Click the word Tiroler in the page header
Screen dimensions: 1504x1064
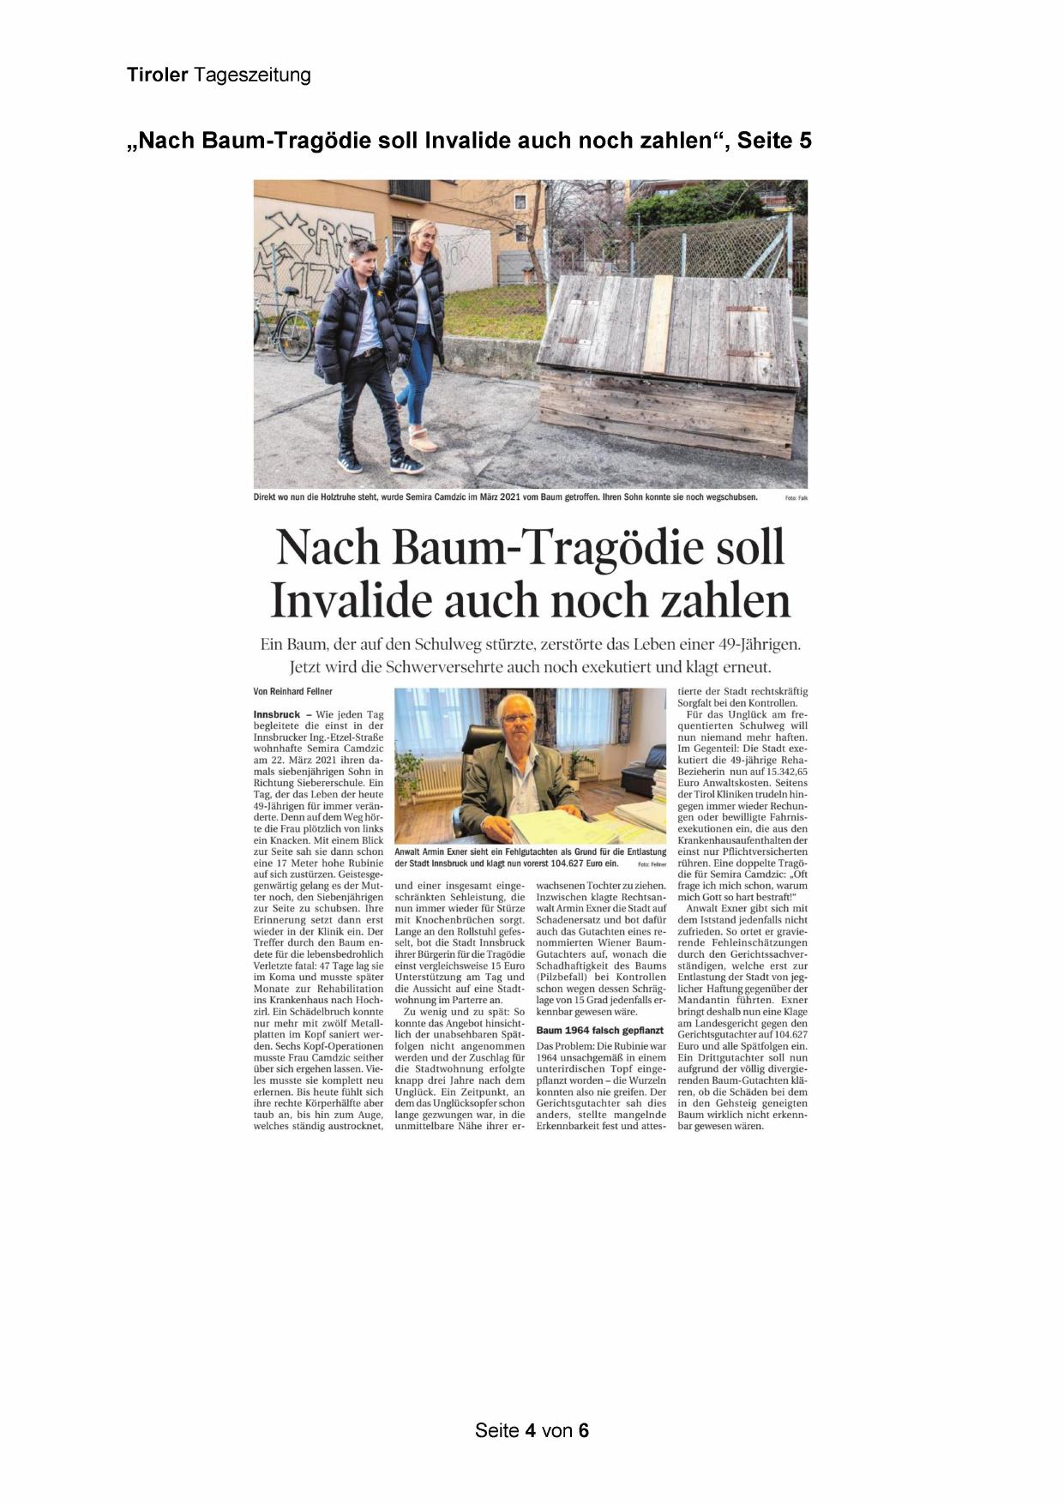157,75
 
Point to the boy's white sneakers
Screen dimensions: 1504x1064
377,463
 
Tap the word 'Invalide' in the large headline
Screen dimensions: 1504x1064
350,600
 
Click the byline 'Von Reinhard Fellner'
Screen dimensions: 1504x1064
292,691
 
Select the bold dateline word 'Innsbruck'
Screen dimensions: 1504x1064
276,714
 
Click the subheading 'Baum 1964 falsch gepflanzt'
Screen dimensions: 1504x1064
600,1030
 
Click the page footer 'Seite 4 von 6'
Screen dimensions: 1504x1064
532,1430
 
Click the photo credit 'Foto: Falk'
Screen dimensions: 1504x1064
796,497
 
